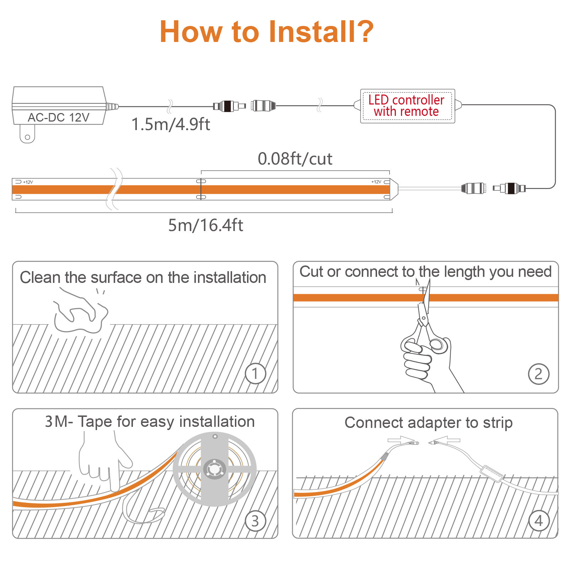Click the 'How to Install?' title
(x=267, y=32)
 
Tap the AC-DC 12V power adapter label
(x=59, y=117)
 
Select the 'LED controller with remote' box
(x=407, y=106)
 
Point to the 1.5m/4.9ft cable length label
(x=171, y=124)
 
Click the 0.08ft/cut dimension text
(x=295, y=159)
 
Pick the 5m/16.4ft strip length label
(x=206, y=225)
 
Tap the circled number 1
(x=255, y=374)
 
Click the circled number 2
(x=538, y=374)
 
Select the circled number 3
(x=255, y=521)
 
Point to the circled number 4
(x=539, y=521)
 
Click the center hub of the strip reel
(x=214, y=469)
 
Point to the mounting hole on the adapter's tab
(x=27, y=137)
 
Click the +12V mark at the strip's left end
(x=28, y=182)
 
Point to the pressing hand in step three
(x=105, y=460)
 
